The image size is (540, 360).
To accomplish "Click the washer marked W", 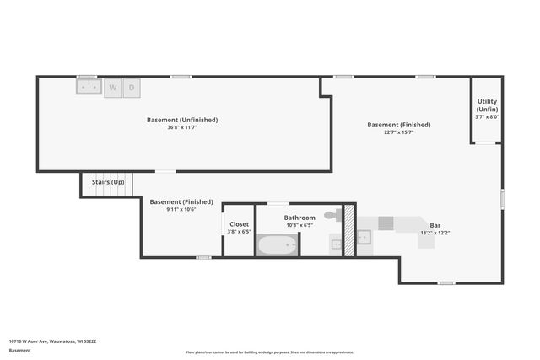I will (x=113, y=87).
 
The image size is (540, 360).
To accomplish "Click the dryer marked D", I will (x=132, y=87).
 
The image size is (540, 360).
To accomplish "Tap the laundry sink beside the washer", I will (x=88, y=86).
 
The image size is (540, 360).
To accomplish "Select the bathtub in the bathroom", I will (x=278, y=245).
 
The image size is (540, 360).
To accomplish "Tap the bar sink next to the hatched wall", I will (x=364, y=237).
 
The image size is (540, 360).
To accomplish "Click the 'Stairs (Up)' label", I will (x=108, y=182).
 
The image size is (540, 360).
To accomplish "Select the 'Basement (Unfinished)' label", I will (x=182, y=120).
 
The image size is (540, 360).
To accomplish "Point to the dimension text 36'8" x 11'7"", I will (x=182, y=127).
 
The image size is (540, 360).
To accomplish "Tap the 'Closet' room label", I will (x=240, y=224).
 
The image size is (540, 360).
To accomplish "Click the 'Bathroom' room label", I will (x=300, y=218).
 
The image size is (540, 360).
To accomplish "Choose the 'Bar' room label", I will (x=435, y=225).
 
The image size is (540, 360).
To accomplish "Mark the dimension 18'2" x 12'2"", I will (x=435, y=233).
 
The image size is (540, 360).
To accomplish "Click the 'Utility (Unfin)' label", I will (x=488, y=105).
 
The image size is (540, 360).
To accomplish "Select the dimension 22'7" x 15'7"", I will (x=398, y=132).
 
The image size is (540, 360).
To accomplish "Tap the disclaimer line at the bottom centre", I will (x=270, y=352).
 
